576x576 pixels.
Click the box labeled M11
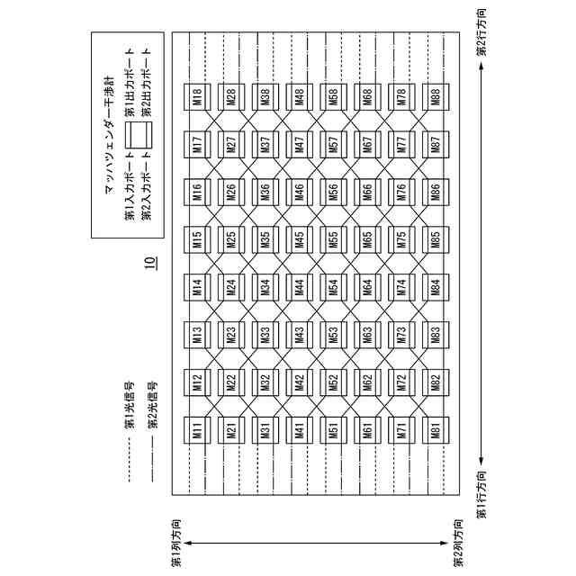click(x=197, y=430)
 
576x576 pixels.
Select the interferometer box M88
click(x=436, y=97)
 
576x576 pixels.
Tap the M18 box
click(x=197, y=97)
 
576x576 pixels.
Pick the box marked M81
click(x=436, y=430)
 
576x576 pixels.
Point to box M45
click(x=299, y=239)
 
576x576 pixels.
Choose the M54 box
click(x=333, y=287)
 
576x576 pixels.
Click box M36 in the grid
click(x=265, y=192)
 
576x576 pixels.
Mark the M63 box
click(x=367, y=335)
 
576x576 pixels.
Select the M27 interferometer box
click(x=231, y=144)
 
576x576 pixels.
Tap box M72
click(x=401, y=382)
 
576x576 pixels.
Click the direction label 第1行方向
click(x=481, y=494)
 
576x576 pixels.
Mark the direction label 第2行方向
click(x=481, y=33)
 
